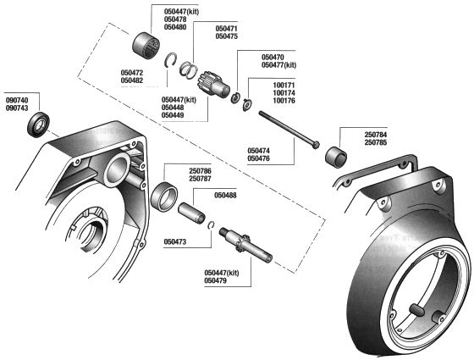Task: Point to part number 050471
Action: click(x=226, y=28)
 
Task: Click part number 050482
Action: click(x=133, y=81)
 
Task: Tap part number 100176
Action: click(x=283, y=102)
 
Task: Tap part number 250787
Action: click(x=200, y=179)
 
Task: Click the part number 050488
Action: click(x=225, y=196)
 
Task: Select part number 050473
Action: click(x=174, y=241)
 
